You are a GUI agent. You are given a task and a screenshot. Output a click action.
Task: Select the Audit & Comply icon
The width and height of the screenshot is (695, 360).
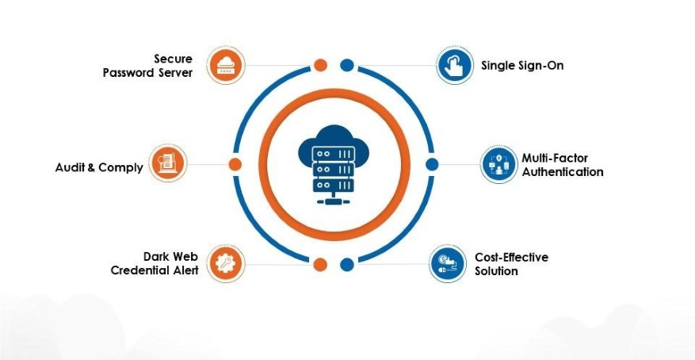[x=168, y=163]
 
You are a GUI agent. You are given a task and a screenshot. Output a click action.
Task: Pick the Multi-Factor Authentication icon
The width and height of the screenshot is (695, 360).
[x=498, y=165]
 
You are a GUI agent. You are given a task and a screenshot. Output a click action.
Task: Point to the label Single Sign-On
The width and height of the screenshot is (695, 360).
[x=522, y=65]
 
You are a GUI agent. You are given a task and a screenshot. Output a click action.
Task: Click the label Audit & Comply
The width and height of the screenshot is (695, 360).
[x=99, y=167]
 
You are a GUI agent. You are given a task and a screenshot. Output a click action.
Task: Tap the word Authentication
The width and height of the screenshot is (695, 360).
[x=563, y=172]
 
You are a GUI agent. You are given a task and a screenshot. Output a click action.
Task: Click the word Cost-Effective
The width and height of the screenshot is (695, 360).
[x=511, y=257]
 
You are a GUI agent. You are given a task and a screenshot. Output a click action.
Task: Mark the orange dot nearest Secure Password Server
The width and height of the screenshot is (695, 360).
[x=321, y=65]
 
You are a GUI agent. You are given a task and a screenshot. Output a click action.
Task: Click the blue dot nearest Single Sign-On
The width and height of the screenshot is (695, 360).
[x=347, y=65]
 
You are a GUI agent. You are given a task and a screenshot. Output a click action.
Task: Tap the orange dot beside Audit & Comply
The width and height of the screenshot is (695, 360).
[x=235, y=164]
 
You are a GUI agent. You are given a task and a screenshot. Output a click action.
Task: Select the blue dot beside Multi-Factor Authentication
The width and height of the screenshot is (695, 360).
[x=432, y=164]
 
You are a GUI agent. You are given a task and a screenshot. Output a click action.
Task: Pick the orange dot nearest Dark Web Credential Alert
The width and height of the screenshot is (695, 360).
[x=321, y=264]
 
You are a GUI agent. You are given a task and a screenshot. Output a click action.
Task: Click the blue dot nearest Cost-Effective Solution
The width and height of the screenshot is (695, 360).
[x=347, y=264]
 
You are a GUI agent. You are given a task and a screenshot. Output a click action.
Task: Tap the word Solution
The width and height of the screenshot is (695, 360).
[x=496, y=271]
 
